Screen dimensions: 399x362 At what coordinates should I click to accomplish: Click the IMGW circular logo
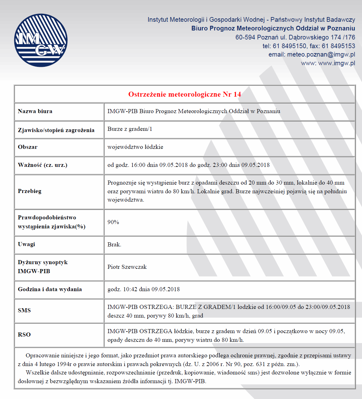[41, 40]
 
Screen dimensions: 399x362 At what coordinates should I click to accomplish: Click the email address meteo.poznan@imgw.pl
[321, 55]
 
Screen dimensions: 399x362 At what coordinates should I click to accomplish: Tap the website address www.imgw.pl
[337, 63]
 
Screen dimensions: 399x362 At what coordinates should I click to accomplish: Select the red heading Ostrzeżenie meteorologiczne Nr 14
[185, 94]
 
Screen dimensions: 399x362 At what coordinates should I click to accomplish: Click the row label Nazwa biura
[35, 111]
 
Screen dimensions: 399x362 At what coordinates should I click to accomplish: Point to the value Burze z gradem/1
[130, 129]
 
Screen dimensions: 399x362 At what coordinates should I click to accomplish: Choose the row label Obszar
[28, 147]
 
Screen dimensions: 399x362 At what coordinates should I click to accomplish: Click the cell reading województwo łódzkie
[135, 147]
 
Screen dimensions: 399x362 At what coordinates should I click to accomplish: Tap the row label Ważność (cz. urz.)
[43, 165]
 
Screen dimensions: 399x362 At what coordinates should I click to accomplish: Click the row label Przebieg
[30, 191]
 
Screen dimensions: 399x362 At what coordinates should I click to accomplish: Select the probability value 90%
[113, 222]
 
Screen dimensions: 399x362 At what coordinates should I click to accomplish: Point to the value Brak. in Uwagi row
[114, 245]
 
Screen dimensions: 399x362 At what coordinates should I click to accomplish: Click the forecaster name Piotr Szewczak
[127, 267]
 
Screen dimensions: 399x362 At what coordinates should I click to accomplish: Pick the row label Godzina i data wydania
[50, 289]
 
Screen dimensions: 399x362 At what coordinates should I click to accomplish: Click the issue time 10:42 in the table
[130, 289]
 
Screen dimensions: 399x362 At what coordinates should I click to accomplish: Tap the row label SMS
[24, 310]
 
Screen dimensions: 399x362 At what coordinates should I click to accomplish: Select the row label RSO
[24, 335]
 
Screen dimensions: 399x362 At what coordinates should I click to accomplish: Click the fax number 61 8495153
[338, 46]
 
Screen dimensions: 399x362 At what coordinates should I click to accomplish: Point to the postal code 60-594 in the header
[245, 37]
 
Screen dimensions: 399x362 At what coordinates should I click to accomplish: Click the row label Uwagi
[26, 244]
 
